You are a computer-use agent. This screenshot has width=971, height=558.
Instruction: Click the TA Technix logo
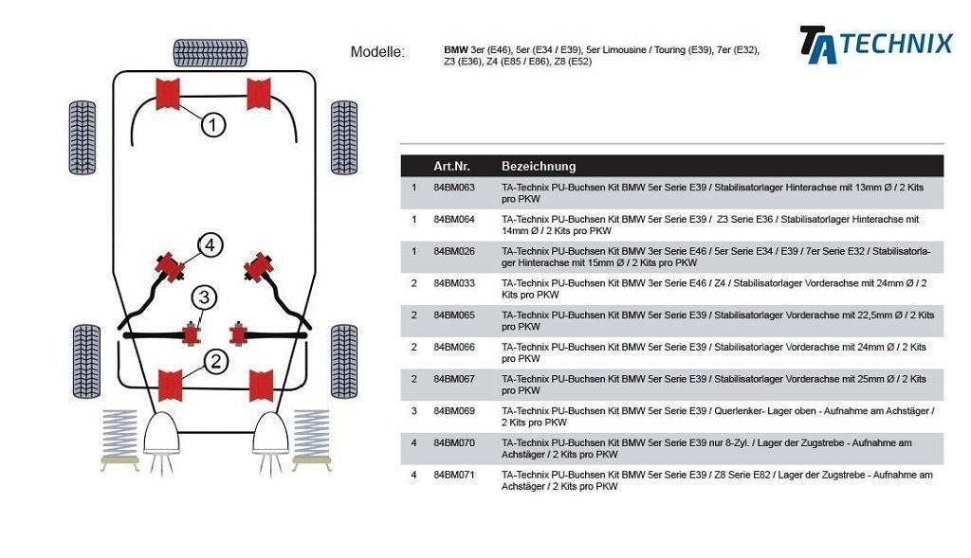click(x=874, y=45)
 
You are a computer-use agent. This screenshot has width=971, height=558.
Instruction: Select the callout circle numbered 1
click(x=213, y=124)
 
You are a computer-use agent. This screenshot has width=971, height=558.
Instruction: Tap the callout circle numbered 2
click(x=215, y=360)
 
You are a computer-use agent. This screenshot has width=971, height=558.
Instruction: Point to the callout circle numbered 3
click(x=204, y=298)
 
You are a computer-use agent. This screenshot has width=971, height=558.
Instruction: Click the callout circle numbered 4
click(x=210, y=246)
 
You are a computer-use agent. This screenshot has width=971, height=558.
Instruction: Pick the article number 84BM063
click(x=453, y=188)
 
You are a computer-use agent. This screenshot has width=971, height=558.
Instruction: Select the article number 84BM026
click(x=453, y=251)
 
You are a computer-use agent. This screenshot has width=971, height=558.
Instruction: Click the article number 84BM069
click(x=453, y=411)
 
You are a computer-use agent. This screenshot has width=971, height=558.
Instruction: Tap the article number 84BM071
click(x=453, y=475)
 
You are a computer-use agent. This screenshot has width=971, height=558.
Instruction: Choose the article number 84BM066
click(x=453, y=347)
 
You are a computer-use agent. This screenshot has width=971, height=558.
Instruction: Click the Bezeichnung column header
click(x=538, y=166)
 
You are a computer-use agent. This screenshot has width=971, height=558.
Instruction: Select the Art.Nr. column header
click(x=451, y=166)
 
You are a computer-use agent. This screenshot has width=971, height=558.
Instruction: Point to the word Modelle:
click(x=377, y=52)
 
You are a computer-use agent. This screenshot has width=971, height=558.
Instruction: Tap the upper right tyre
click(x=343, y=137)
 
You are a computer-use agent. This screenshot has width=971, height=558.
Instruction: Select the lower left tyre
click(x=84, y=361)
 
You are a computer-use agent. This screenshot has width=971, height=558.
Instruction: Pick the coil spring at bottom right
click(x=311, y=438)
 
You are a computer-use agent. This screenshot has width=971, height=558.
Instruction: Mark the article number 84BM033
click(x=453, y=283)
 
